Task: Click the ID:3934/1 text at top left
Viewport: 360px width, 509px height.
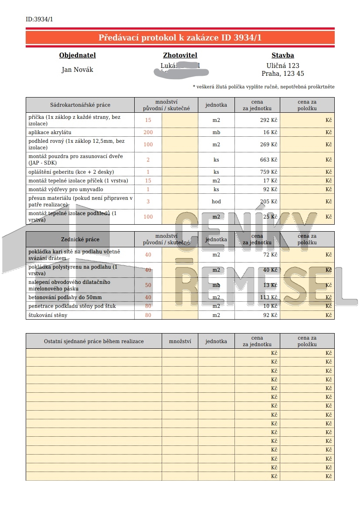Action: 39,19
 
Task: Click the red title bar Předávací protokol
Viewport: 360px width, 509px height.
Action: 180,38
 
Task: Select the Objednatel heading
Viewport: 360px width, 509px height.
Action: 77,55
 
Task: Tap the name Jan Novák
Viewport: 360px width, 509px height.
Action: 77,70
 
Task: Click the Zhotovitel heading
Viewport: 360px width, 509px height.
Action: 180,55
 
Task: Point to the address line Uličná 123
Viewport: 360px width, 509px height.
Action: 283,65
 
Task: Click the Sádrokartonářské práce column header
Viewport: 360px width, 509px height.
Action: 80,105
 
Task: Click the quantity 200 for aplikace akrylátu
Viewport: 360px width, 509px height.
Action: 148,132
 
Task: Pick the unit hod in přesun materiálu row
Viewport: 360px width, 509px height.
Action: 216,202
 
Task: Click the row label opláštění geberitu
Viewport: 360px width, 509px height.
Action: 71,172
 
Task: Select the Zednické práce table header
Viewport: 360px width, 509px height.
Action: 80,239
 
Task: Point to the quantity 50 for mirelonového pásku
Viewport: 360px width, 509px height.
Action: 148,285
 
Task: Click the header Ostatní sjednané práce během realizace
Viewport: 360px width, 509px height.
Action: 94,341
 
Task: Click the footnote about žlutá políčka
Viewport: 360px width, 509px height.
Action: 264,87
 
